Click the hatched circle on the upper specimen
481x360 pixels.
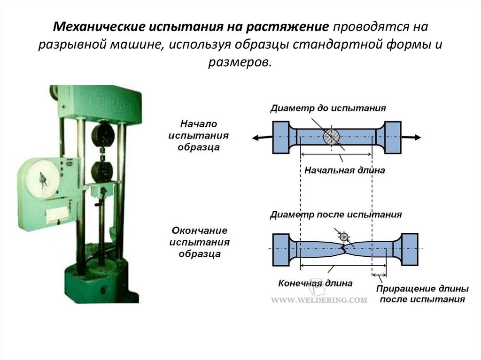[x=332, y=137]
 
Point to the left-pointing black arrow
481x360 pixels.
[x=261, y=137]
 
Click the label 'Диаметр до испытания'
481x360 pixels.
[x=328, y=108]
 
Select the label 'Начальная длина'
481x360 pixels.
[x=344, y=170]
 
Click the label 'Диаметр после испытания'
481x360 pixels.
[x=335, y=215]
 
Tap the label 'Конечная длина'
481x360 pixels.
[x=315, y=283]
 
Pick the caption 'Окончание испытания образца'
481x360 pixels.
[x=200, y=243]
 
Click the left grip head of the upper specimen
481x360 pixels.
[x=280, y=137]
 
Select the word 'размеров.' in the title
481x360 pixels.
[x=240, y=62]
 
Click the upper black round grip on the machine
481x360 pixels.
[x=103, y=136]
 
